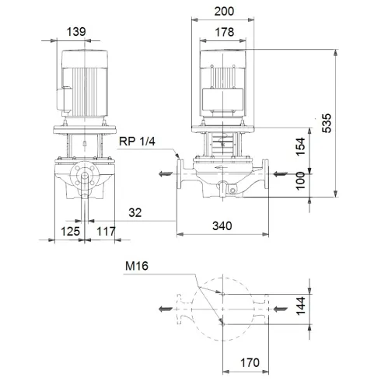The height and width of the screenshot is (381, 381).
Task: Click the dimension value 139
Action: coord(76,32)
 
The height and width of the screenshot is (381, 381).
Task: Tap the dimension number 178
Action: coord(224,32)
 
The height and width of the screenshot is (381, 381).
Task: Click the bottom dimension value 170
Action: coord(249,363)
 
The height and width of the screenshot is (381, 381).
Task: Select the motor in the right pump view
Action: coord(224,86)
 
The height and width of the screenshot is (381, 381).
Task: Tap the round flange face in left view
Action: coord(82,179)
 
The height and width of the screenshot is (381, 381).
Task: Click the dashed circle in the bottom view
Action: coord(224,310)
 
